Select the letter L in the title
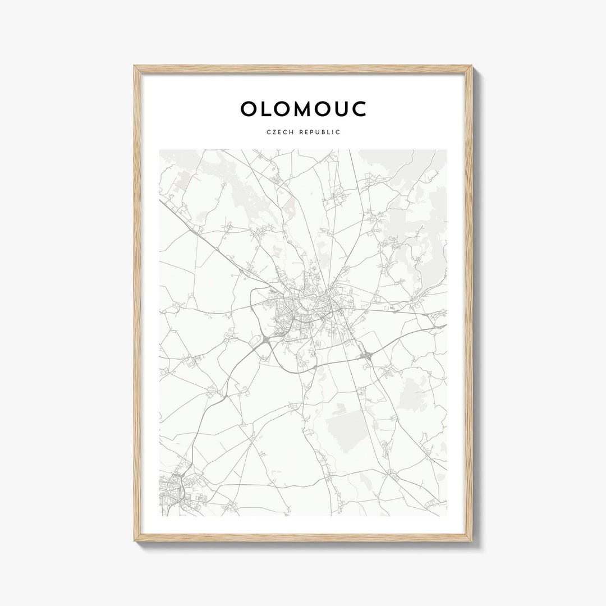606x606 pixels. pyautogui.click(x=267, y=109)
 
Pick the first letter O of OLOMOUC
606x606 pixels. pyautogui.click(x=248, y=109)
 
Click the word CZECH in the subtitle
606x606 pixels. pyautogui.click(x=279, y=132)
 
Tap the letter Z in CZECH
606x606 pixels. pyautogui.click(x=274, y=132)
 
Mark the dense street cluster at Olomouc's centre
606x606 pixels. pyautogui.click(x=303, y=309)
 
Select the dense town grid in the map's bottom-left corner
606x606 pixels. pyautogui.click(x=171, y=491)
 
